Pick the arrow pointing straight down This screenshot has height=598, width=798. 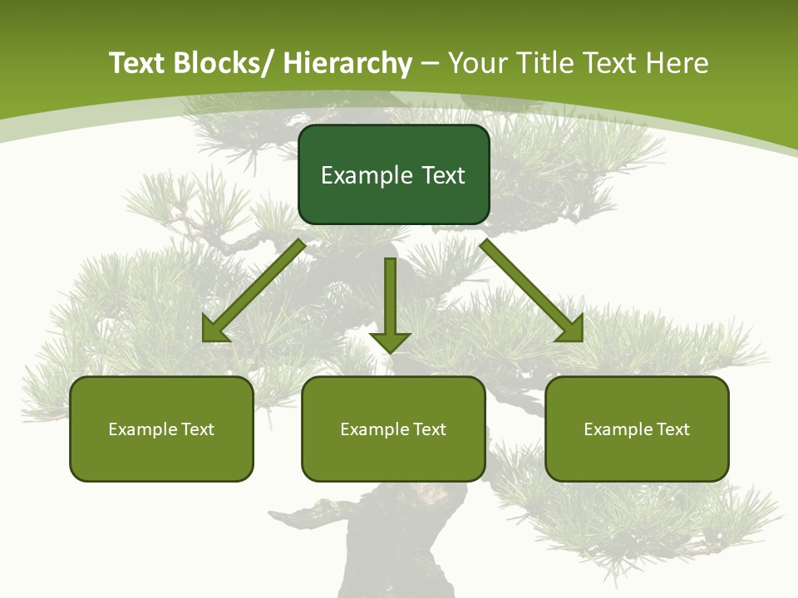(390, 304)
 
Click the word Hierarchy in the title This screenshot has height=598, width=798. (347, 63)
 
